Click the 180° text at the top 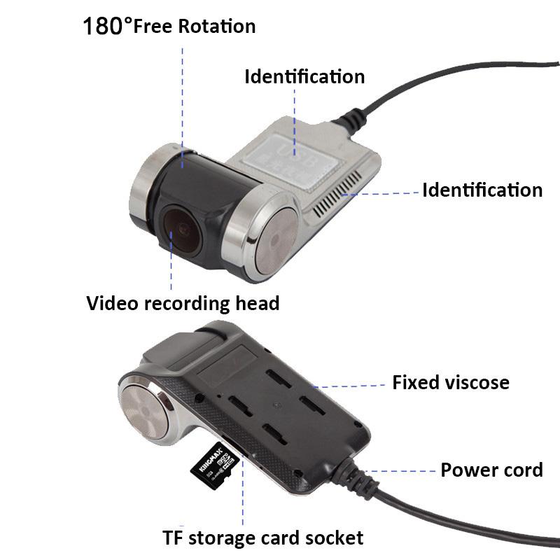pos(107,27)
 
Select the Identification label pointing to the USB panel pos(304,76)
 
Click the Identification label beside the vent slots pos(482,190)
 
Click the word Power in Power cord pos(464,470)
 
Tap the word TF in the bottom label pos(174,538)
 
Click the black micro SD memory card pos(216,466)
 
